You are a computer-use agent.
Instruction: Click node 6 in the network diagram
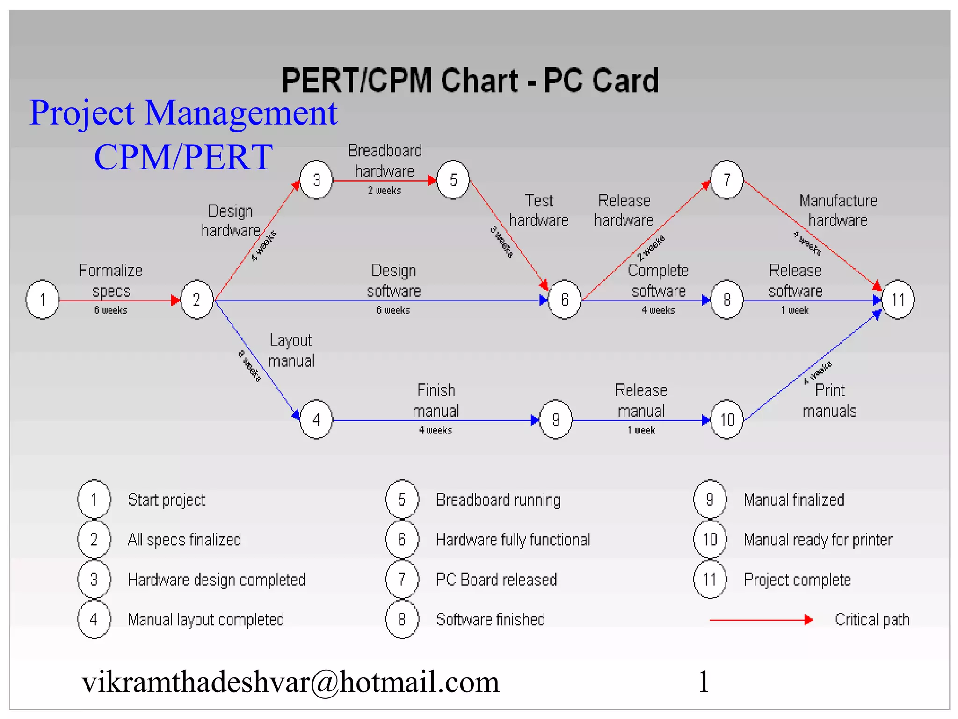[565, 300]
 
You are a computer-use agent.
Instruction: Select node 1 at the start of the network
[43, 300]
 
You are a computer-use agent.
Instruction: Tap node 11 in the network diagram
[898, 300]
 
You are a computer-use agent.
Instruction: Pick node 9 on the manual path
[556, 419]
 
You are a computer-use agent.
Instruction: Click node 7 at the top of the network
[726, 180]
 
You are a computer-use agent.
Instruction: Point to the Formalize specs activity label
[111, 280]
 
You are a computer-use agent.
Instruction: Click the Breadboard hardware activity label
[385, 161]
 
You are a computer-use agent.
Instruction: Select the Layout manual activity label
[291, 350]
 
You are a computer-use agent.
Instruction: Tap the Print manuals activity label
[829, 401]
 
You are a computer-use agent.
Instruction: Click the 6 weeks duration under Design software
[393, 310]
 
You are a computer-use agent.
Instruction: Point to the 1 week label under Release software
[795, 310]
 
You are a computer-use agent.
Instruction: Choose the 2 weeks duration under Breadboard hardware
[384, 191]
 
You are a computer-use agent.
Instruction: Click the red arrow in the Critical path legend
[761, 620]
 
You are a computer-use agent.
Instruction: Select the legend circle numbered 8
[402, 619]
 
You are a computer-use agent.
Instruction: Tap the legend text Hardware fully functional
[513, 540]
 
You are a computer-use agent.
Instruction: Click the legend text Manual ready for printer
[818, 540]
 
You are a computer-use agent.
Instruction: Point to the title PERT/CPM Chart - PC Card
[470, 81]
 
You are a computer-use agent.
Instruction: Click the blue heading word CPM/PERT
[183, 157]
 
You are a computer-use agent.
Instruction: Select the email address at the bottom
[290, 682]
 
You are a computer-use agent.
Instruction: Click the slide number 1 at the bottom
[704, 682]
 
